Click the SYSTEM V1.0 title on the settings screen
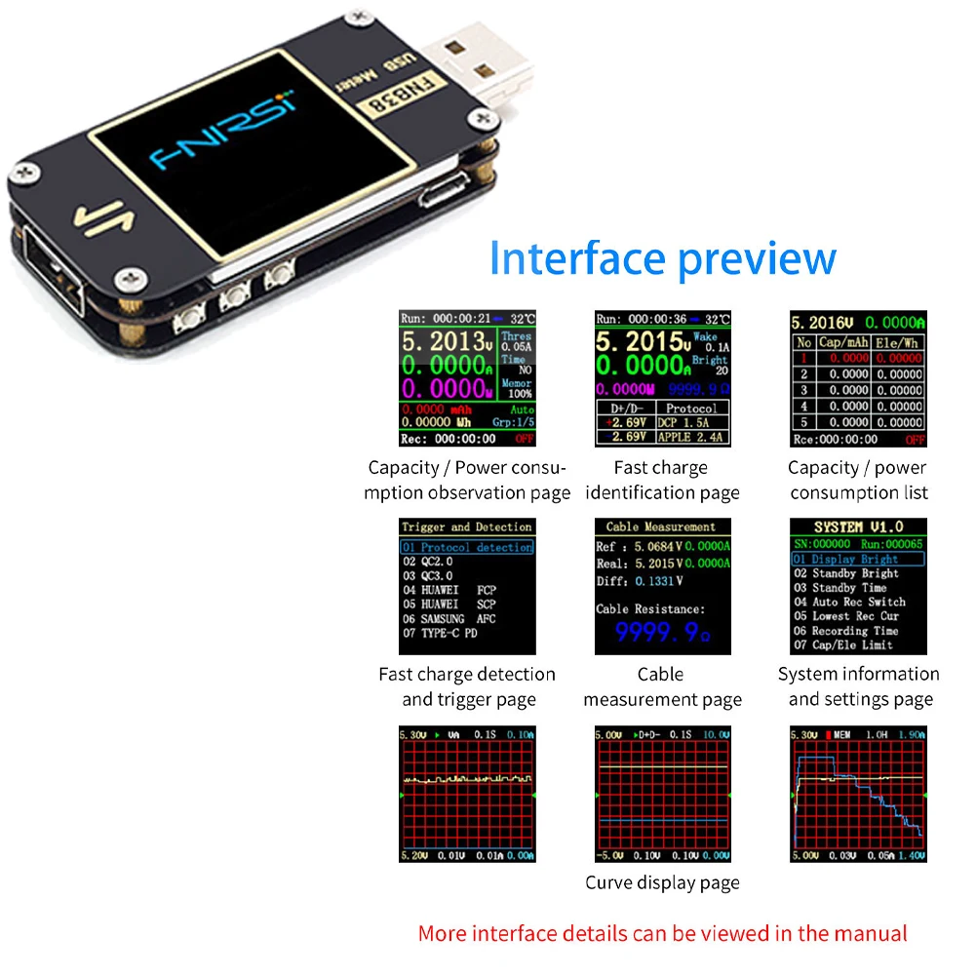(858, 527)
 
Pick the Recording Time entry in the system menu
(844, 631)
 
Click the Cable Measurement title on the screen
(661, 527)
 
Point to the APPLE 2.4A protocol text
(692, 438)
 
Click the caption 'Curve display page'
(662, 882)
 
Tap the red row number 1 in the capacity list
(803, 359)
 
